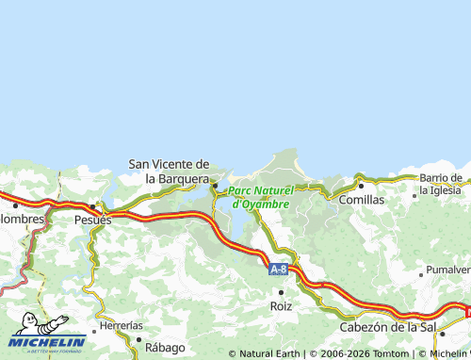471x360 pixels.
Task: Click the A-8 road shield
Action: (278, 270)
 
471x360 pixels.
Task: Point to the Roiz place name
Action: (281, 306)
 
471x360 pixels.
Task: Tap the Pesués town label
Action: (92, 219)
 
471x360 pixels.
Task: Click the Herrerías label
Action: (121, 324)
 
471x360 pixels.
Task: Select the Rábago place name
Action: (165, 347)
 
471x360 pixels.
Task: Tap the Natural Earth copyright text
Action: (269, 353)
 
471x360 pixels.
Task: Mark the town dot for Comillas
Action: (360, 187)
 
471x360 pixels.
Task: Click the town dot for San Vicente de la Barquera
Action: (215, 185)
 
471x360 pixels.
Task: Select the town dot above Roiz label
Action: (281, 292)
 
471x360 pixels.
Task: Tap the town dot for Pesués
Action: (92, 206)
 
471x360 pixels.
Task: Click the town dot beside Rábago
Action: (138, 340)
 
